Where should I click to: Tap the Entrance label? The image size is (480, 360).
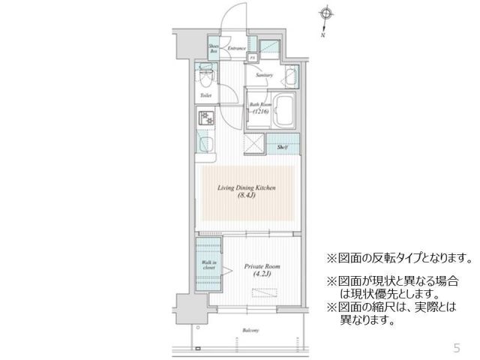click(236, 49)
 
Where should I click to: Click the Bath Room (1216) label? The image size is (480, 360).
click(259, 109)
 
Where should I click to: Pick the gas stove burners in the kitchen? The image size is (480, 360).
click(205, 118)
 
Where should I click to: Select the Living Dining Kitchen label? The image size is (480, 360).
click(247, 192)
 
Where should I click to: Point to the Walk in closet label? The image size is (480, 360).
click(209, 264)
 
